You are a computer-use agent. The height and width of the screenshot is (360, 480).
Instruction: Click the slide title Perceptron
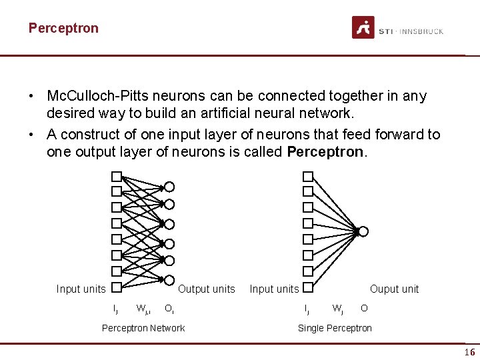63,28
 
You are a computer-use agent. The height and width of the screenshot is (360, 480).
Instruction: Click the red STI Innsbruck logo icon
363,28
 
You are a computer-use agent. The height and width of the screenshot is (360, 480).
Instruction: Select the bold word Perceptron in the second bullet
325,152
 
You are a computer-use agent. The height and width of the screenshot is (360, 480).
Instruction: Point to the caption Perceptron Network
143,327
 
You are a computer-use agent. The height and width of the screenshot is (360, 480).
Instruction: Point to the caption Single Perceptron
335,327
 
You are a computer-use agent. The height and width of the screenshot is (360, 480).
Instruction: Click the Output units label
206,289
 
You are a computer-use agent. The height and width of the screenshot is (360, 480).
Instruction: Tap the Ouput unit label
394,289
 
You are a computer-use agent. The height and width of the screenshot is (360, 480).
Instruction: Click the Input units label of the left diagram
81,289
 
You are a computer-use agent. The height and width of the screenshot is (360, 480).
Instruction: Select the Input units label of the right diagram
274,289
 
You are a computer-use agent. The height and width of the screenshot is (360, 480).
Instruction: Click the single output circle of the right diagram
363,231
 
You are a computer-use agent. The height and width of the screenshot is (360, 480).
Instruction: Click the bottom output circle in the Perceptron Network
169,279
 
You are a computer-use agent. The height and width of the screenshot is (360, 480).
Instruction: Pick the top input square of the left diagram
116,177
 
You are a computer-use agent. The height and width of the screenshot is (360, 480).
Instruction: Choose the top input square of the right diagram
308,177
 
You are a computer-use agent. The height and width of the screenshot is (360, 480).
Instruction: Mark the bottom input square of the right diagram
308,288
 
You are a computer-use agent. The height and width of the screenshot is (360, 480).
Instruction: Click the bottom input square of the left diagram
116,288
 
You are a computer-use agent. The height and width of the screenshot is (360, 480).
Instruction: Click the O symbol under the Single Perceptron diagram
363,308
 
